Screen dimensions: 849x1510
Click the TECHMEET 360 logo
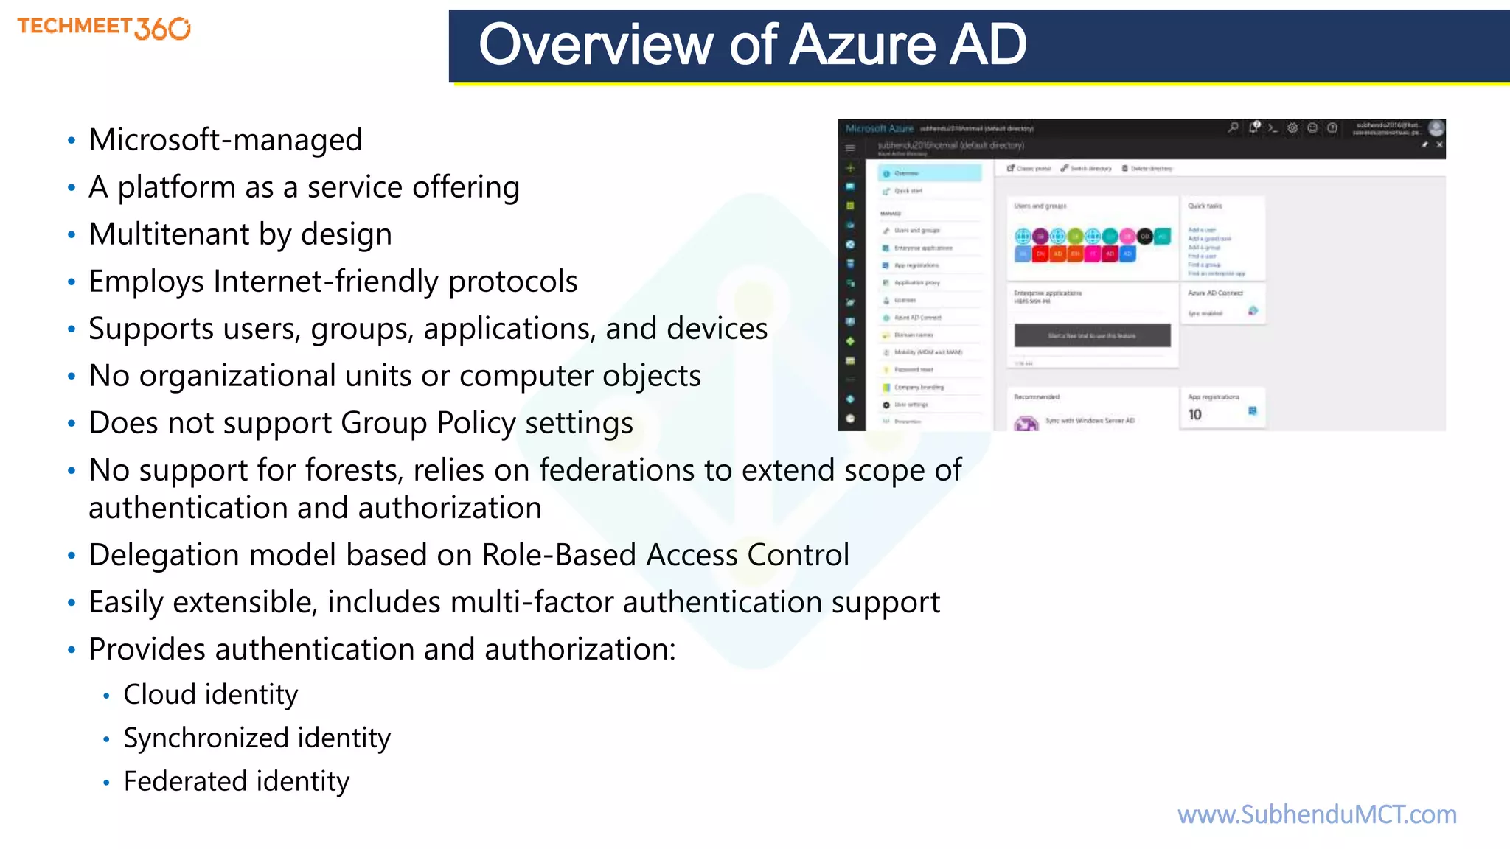(x=104, y=28)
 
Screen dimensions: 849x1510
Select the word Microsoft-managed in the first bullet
(x=225, y=140)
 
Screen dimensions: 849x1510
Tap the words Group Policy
(x=428, y=423)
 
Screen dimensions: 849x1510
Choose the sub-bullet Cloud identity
(x=210, y=694)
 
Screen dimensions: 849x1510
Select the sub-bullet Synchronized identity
(x=257, y=738)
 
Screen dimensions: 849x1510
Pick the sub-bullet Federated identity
(x=236, y=781)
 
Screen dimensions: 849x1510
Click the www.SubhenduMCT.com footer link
(x=1317, y=814)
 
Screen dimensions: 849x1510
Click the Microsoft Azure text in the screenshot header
(x=879, y=128)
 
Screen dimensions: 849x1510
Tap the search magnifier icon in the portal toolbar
(x=1233, y=127)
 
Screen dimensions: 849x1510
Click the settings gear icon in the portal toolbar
(x=1292, y=127)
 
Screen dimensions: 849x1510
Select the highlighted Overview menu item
(x=929, y=173)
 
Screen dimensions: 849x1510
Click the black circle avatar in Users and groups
(x=1144, y=236)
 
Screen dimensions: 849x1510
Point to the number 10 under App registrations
(x=1194, y=415)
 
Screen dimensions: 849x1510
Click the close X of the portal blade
(x=1438, y=145)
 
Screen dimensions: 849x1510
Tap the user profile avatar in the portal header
(x=1436, y=128)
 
